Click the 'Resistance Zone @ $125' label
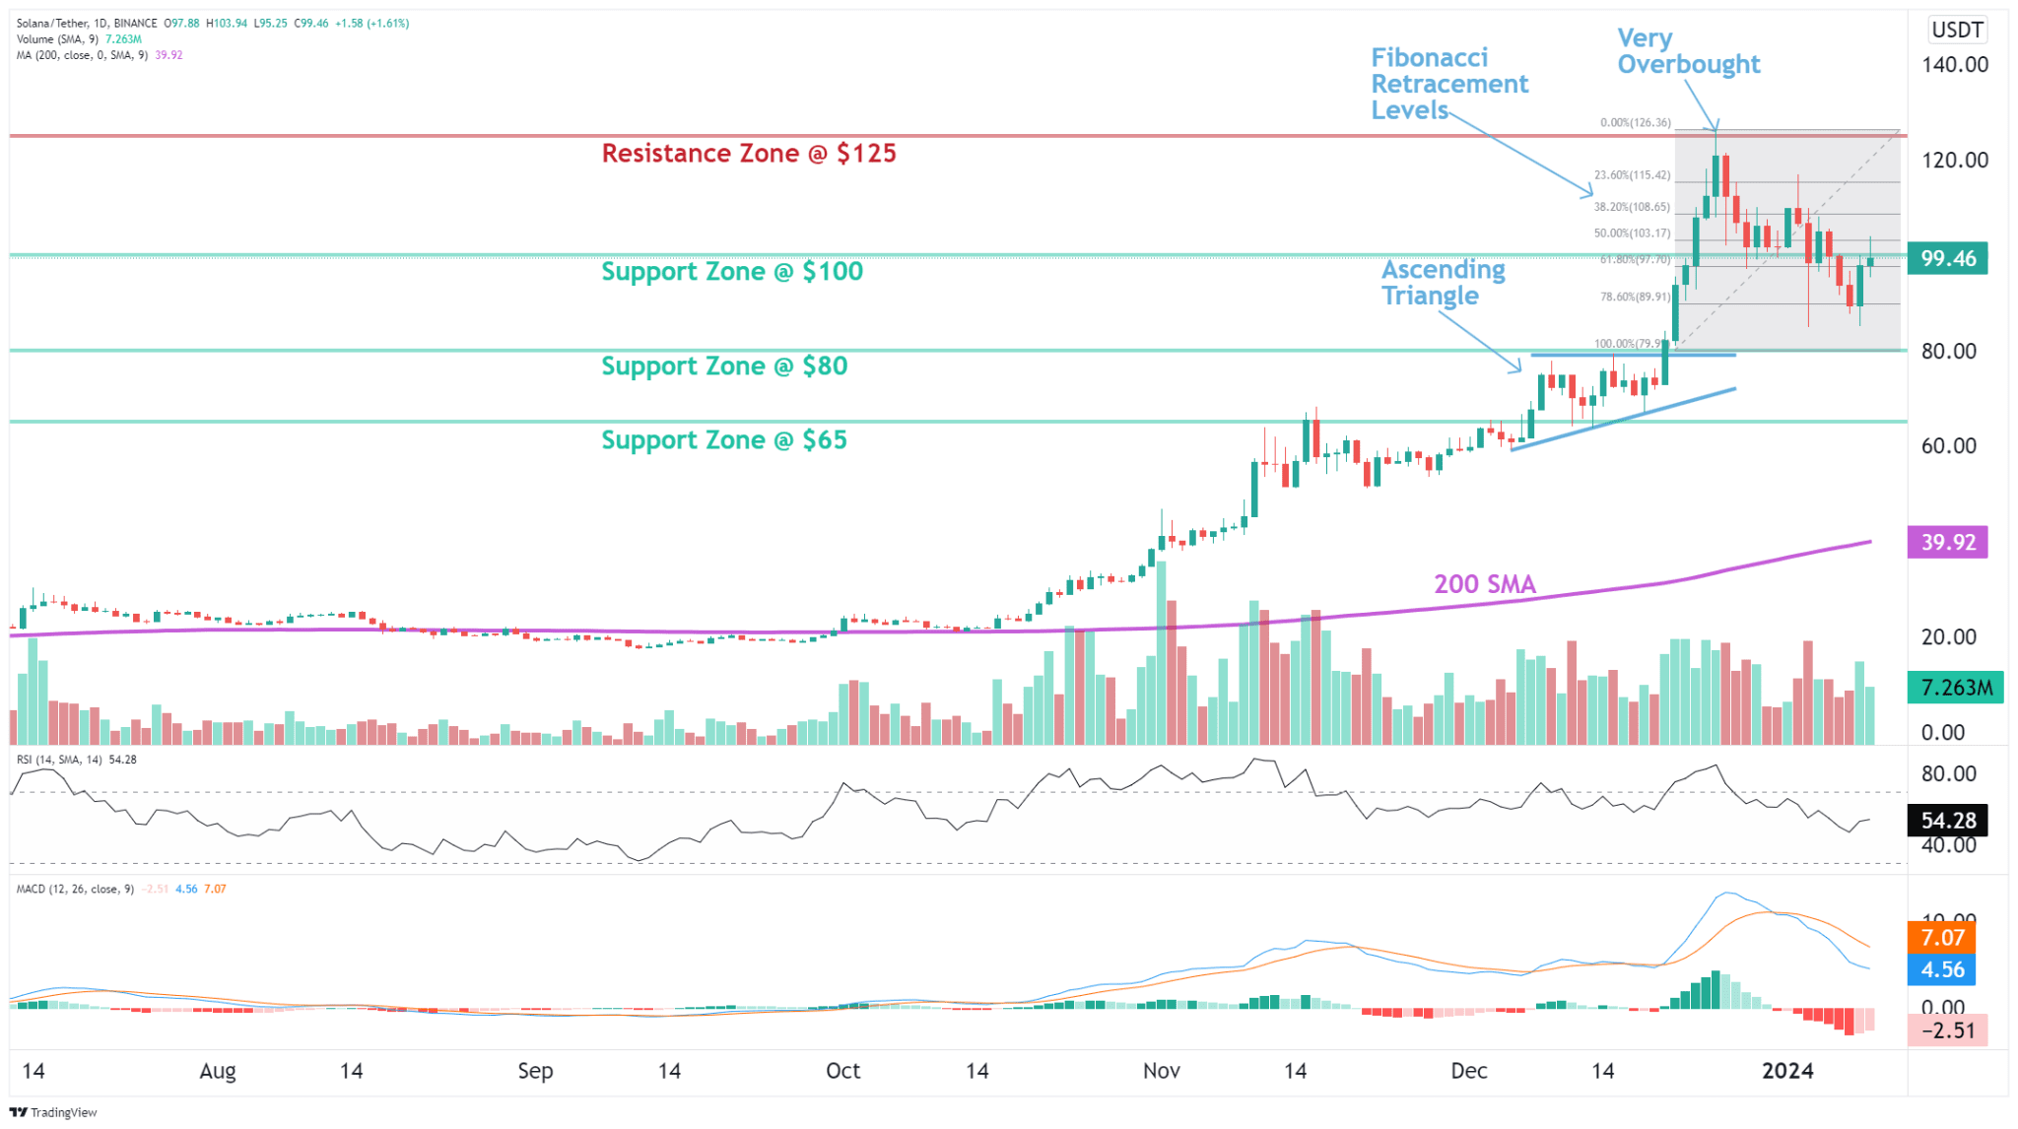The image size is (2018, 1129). [749, 154]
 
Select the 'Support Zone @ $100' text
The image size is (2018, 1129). [732, 272]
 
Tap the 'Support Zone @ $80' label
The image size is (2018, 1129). [724, 366]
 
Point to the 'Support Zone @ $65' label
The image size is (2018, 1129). [724, 440]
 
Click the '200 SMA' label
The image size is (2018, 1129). [1484, 584]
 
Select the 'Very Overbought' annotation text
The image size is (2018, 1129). [1688, 52]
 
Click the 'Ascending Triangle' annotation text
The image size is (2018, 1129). [1443, 283]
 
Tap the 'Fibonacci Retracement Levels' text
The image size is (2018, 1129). [1448, 84]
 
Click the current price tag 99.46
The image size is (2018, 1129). [1947, 259]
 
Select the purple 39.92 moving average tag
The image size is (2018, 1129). [1947, 543]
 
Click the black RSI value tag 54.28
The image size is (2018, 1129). [1947, 821]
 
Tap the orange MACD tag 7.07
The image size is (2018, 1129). [1941, 938]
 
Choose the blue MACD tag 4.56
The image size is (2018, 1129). [1941, 970]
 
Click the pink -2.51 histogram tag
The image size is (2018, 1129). [1947, 1031]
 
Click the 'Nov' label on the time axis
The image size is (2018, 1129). [1161, 1071]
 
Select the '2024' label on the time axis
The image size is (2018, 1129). [1786, 1071]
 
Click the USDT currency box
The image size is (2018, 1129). [1956, 30]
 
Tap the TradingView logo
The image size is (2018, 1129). [54, 1112]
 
